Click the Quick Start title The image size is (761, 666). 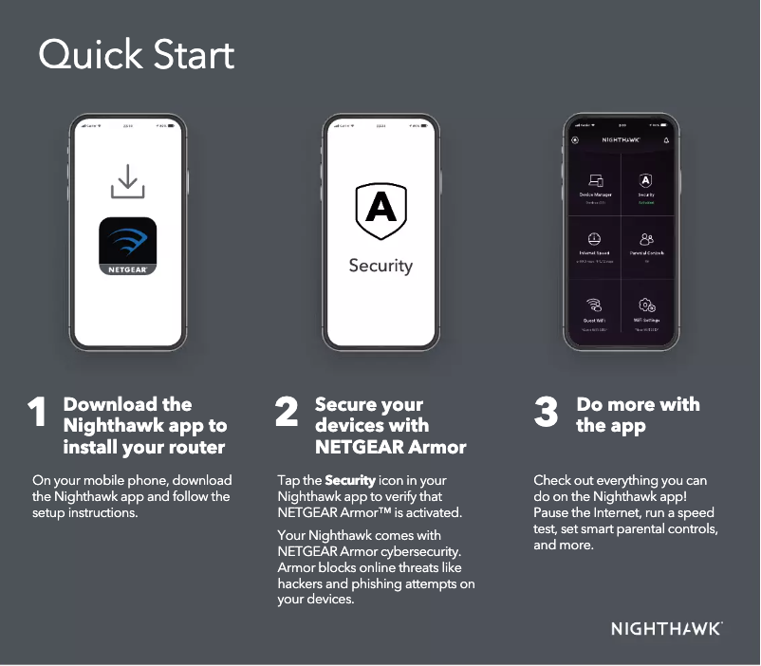(136, 55)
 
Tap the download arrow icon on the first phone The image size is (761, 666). (128, 181)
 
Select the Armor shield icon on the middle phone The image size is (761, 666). (380, 212)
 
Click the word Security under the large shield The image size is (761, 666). (380, 266)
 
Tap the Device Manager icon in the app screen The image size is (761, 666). (595, 180)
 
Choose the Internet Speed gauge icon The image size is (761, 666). (595, 240)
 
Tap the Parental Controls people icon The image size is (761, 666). (647, 240)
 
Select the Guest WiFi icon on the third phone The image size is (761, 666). (595, 305)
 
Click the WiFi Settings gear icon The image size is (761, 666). (647, 305)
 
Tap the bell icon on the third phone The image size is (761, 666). (666, 139)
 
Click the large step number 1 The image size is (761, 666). (37, 413)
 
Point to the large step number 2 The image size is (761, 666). (287, 413)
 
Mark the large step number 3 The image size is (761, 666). (546, 413)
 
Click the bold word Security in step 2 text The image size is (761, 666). (350, 480)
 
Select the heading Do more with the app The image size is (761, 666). (637, 415)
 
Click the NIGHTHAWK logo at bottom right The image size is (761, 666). (666, 628)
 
